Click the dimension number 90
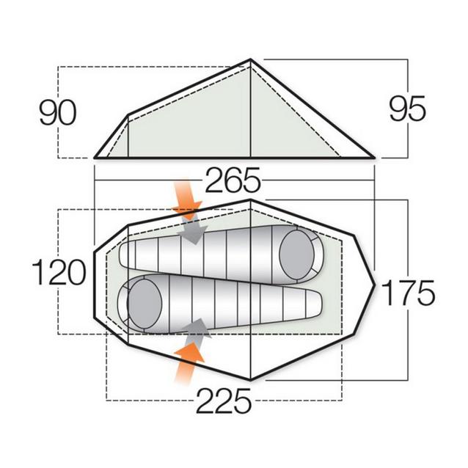(58, 112)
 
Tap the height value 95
(406, 110)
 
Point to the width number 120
(58, 273)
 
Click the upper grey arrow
(195, 231)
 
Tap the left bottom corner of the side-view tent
(95, 156)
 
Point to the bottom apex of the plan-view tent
(251, 379)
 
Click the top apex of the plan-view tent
(251, 199)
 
